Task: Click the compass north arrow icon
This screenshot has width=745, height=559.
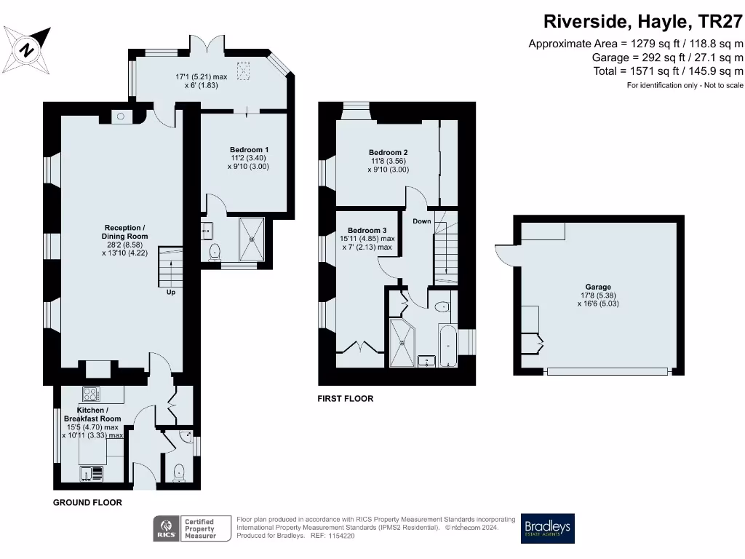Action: click(28, 49)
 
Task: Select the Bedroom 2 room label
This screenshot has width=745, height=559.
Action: click(388, 153)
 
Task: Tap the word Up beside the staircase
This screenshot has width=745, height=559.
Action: click(171, 292)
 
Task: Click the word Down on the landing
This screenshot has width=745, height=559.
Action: click(422, 221)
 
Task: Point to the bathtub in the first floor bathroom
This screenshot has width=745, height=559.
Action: click(447, 347)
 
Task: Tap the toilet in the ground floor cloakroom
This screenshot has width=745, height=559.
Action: click(179, 472)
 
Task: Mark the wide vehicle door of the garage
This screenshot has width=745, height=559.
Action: click(607, 371)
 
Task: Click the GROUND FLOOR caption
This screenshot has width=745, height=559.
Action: click(87, 503)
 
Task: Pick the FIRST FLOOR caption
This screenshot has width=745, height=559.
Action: click(345, 399)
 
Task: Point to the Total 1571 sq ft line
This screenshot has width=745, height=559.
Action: click(668, 71)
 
